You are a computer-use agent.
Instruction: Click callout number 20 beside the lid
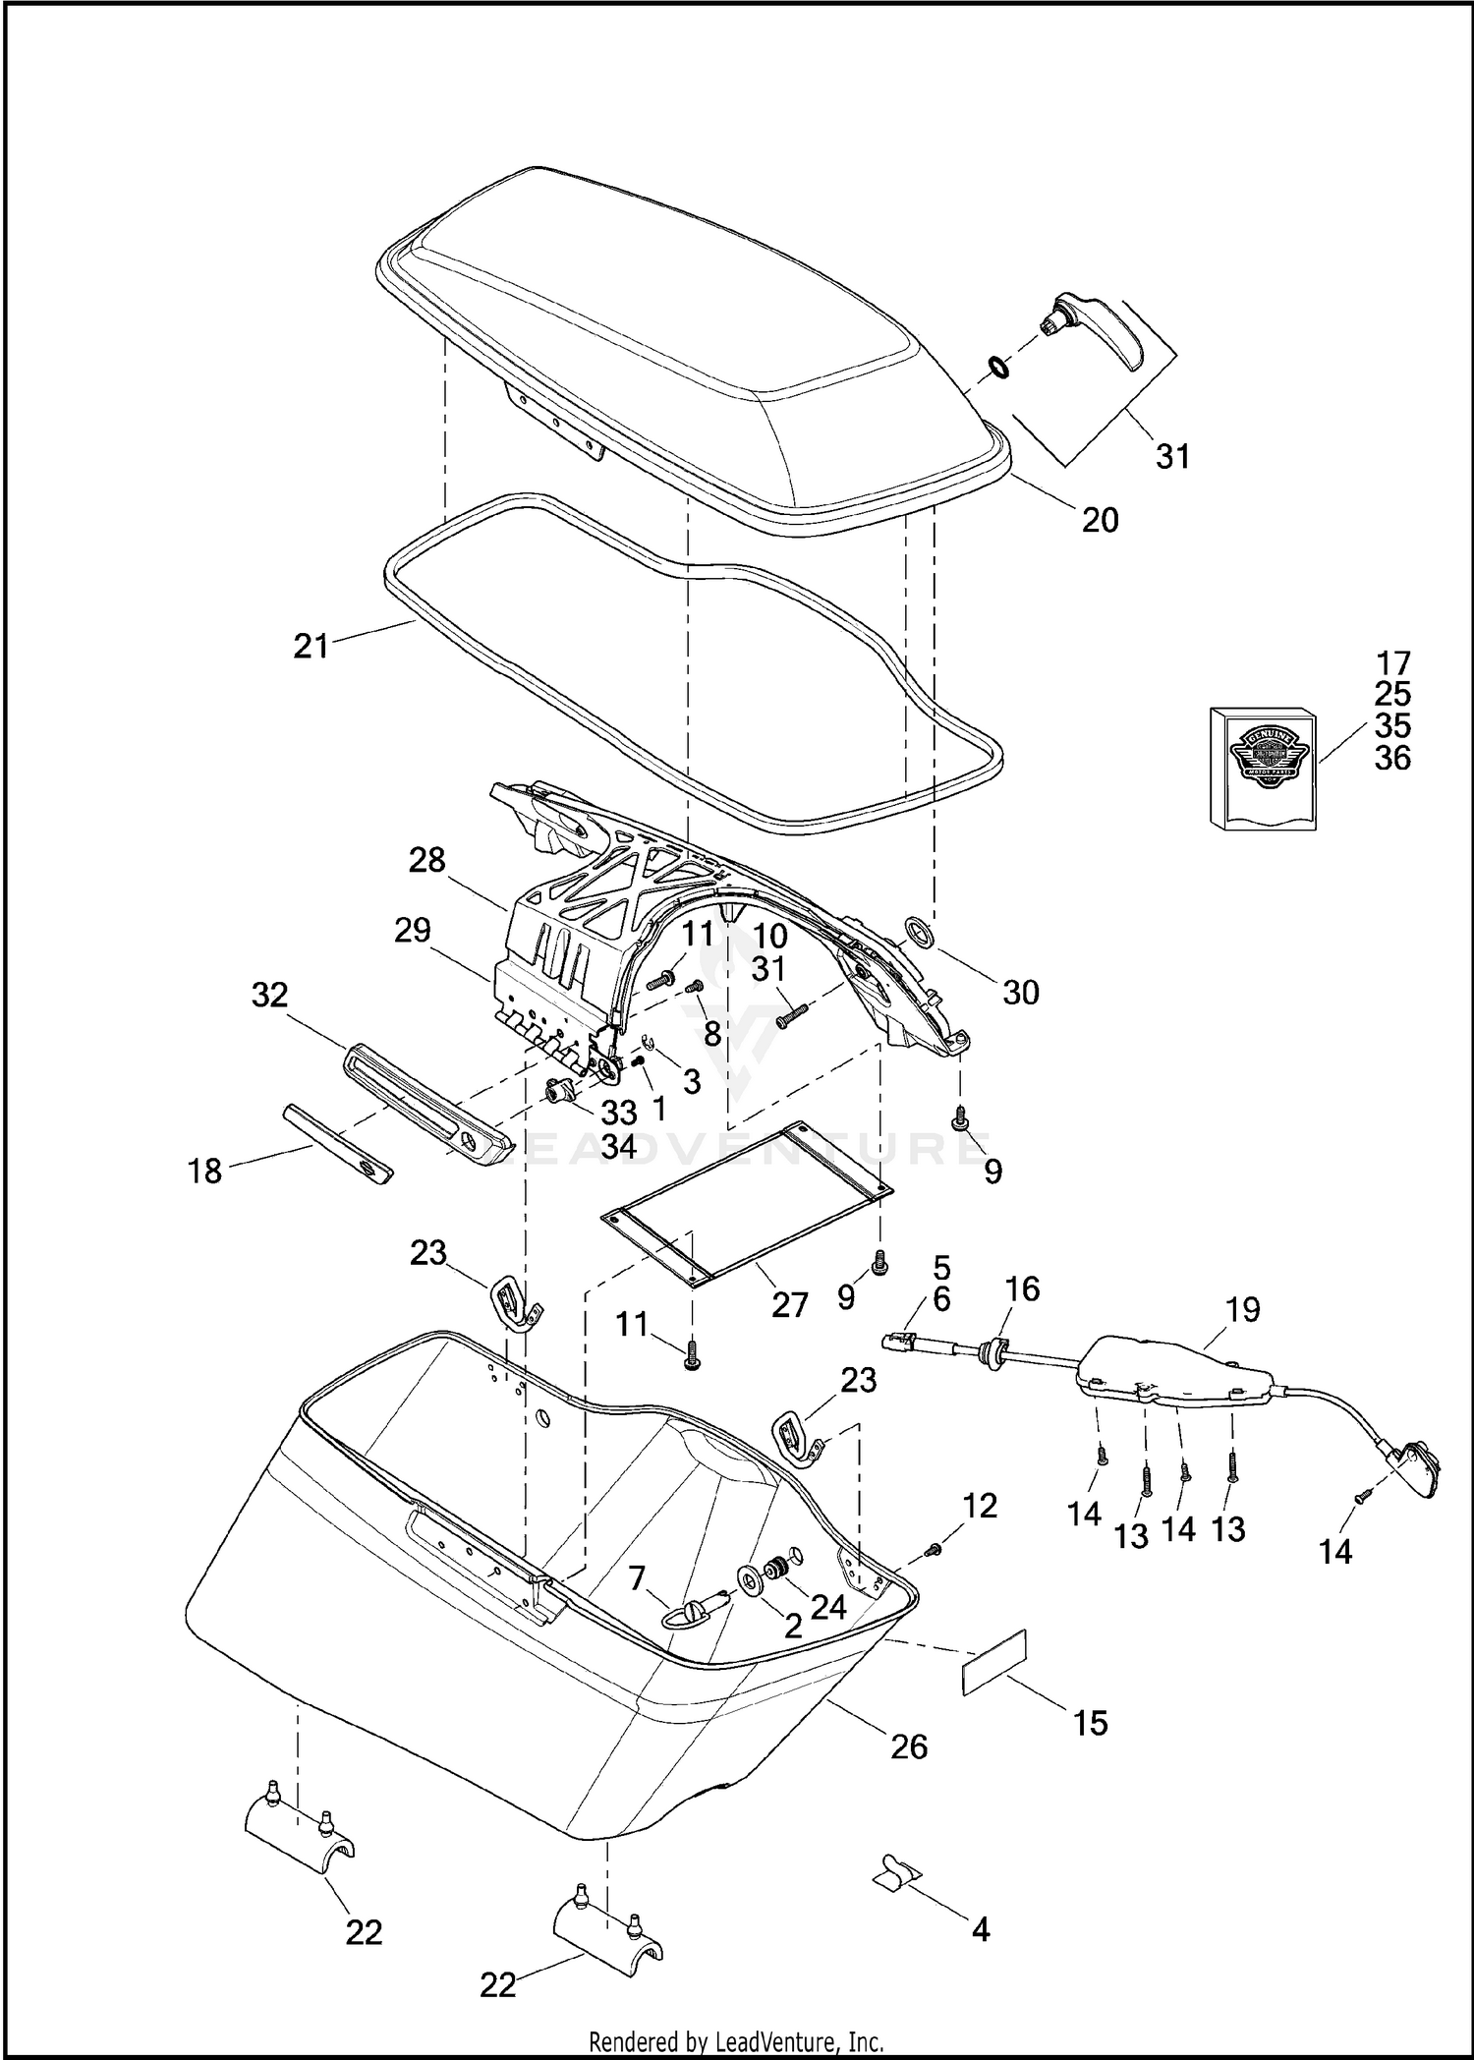[x=1100, y=519]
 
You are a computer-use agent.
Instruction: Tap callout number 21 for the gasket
[x=311, y=647]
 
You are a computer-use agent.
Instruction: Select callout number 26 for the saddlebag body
[x=909, y=1745]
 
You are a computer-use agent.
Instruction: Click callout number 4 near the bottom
[x=980, y=1928]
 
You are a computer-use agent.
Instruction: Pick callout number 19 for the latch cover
[x=1242, y=1309]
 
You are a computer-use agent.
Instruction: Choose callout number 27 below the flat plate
[x=789, y=1304]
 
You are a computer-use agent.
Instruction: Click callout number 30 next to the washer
[x=1021, y=992]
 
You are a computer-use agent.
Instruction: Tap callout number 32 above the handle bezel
[x=269, y=995]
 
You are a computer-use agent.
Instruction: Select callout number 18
[x=205, y=1171]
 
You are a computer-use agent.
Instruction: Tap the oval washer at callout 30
[x=918, y=930]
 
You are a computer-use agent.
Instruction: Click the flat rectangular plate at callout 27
[x=747, y=1204]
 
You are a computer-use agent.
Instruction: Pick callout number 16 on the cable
[x=1022, y=1288]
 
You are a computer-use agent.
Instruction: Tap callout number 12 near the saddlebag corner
[x=981, y=1505]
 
